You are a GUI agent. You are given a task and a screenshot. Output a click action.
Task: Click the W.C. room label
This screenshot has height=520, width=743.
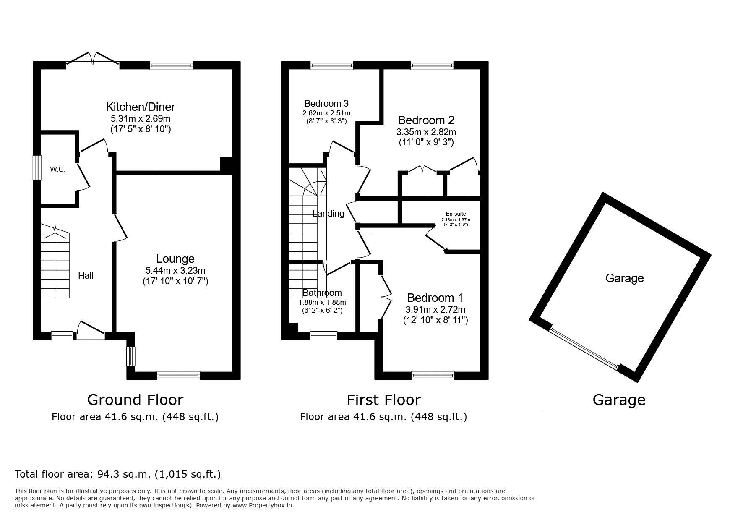tap(57, 170)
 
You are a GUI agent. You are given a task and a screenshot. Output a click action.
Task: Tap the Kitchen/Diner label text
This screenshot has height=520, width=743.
tap(141, 107)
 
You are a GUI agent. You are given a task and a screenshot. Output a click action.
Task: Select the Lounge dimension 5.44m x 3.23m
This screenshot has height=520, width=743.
tap(175, 271)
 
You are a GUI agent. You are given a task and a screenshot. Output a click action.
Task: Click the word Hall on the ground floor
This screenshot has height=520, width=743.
tap(86, 275)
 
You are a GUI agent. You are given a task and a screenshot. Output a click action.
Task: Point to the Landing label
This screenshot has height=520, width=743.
tap(328, 213)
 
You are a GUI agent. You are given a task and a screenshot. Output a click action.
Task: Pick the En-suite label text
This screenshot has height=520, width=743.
tap(456, 214)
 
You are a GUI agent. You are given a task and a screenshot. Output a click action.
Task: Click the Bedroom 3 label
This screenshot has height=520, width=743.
tap(326, 103)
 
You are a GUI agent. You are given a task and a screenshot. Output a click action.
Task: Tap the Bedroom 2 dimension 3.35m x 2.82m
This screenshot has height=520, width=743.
tap(426, 132)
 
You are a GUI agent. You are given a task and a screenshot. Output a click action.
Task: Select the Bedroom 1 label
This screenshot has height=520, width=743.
tap(435, 298)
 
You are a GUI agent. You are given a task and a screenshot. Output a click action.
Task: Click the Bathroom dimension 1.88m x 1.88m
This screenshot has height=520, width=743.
tap(322, 302)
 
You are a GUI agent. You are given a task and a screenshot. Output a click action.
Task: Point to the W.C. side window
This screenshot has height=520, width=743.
tap(38, 168)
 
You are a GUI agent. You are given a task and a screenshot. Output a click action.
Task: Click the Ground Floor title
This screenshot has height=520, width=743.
tap(135, 400)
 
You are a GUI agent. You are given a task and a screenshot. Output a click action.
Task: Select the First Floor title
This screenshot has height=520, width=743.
tap(383, 400)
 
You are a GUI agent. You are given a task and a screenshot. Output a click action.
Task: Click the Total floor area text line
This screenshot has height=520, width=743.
tap(117, 474)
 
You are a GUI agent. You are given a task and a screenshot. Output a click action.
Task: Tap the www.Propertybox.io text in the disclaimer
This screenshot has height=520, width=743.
tap(262, 505)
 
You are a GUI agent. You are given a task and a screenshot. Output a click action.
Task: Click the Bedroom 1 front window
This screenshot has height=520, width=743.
tap(433, 376)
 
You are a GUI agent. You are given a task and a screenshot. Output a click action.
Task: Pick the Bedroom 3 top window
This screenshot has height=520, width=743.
tap(332, 65)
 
